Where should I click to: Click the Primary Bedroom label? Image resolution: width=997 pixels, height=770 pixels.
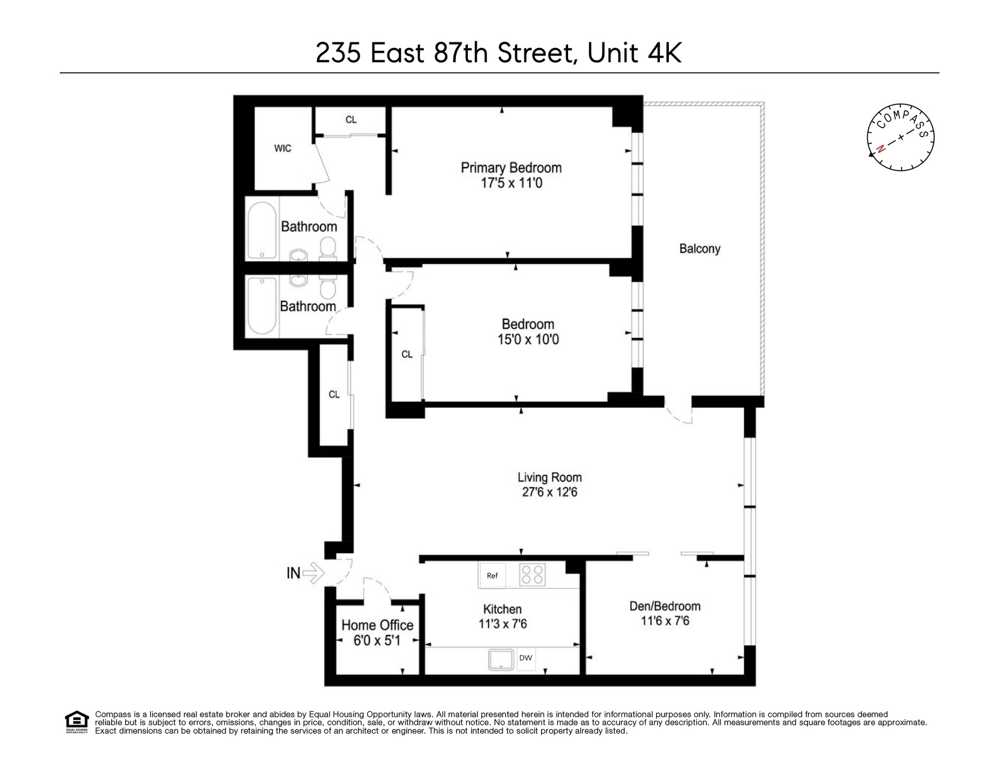click(511, 168)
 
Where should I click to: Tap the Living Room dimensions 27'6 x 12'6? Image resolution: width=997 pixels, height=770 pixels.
click(549, 492)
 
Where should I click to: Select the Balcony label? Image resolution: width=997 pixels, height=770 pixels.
click(700, 249)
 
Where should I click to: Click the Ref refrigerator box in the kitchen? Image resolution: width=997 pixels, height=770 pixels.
click(492, 575)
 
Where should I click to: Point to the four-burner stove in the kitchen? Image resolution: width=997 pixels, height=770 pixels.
click(533, 575)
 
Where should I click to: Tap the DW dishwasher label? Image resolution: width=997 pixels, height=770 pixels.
click(526, 658)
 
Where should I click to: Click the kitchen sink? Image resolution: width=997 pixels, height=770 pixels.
click(501, 659)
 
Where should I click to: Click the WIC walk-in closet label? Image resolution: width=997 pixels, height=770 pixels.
click(282, 148)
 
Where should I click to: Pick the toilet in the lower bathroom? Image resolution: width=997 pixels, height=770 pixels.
click(328, 285)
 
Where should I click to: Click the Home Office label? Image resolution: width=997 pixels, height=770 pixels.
click(378, 625)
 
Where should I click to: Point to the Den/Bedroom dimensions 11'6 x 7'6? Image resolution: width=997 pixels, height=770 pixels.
click(665, 621)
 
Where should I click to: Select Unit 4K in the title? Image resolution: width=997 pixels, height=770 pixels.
click(634, 53)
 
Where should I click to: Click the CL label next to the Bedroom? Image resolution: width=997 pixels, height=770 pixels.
click(407, 355)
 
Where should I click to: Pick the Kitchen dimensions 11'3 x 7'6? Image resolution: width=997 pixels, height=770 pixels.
click(503, 624)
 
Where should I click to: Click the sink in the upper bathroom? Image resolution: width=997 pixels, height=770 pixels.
click(299, 255)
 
